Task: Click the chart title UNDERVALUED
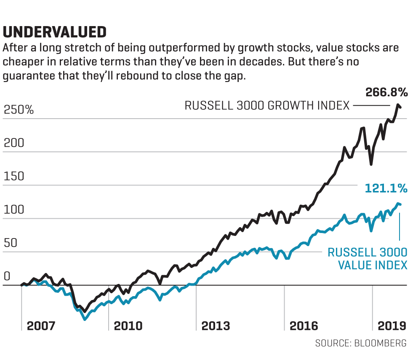click(54, 32)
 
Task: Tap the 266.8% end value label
click(386, 92)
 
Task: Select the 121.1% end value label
click(386, 189)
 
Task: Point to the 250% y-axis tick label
click(19, 110)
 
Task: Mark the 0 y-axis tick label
click(6, 276)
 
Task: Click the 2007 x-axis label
click(41, 326)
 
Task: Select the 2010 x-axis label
click(128, 326)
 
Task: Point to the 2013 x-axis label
click(216, 326)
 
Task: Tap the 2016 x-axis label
click(304, 326)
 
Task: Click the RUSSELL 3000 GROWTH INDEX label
click(267, 105)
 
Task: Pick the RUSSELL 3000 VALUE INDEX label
click(368, 259)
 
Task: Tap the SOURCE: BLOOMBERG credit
click(361, 343)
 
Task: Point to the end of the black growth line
click(400, 107)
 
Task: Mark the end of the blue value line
click(400, 204)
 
